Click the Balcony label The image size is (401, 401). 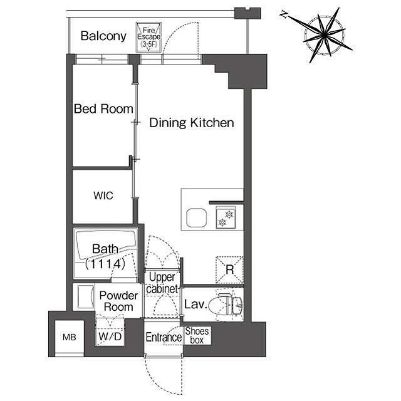[103, 36]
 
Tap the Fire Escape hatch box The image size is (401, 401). [148, 38]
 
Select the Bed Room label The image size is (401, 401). [103, 108]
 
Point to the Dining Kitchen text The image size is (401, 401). [192, 123]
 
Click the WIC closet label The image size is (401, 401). [103, 195]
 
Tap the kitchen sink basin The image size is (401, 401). [196, 217]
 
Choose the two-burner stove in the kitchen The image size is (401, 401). [226, 217]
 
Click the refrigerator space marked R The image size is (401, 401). [229, 270]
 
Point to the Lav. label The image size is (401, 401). [195, 305]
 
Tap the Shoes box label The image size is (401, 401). [197, 336]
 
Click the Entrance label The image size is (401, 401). [164, 337]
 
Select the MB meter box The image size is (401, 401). [70, 337]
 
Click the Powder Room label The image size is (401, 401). [118, 301]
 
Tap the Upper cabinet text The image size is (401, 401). [162, 283]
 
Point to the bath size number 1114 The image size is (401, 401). [105, 264]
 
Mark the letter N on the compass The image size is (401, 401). [283, 14]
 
